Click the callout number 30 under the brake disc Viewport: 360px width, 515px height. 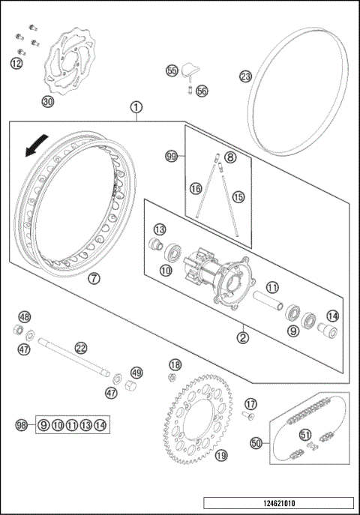[48, 102]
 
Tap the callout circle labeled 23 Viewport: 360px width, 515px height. [245, 76]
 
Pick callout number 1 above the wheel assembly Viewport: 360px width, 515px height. [136, 107]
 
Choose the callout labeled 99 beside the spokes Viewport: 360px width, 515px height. [172, 156]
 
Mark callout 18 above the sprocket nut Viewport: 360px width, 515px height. [175, 364]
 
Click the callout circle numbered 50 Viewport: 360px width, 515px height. [256, 444]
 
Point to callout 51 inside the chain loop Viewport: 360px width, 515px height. [305, 434]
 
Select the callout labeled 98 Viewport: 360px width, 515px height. [22, 425]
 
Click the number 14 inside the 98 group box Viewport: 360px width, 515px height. [100, 425]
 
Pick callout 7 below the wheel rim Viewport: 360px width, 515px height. [94, 278]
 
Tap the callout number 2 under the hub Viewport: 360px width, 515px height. [243, 337]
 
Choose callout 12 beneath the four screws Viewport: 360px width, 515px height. [16, 64]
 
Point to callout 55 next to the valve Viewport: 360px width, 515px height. [172, 70]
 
